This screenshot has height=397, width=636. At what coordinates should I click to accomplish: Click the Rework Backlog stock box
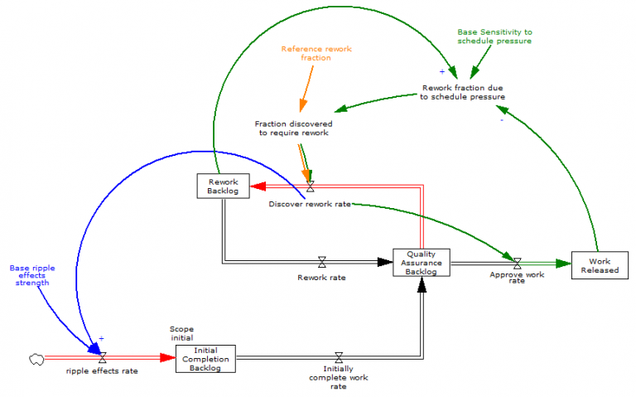(223, 186)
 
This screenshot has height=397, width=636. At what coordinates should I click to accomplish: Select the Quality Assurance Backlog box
(422, 263)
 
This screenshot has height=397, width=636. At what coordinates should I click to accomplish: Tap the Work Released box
(600, 264)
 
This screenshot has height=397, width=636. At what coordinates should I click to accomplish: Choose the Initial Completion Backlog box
(205, 359)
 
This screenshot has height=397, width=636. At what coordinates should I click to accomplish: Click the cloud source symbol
(36, 358)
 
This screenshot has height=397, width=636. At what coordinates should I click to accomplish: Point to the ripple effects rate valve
(102, 358)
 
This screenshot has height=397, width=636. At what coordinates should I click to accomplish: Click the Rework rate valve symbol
(322, 263)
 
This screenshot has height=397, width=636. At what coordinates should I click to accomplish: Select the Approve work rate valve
(517, 263)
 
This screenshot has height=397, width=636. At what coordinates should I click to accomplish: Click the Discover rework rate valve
(310, 186)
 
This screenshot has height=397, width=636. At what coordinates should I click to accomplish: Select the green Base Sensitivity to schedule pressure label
(494, 36)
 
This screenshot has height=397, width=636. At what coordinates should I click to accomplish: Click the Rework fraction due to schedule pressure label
(463, 92)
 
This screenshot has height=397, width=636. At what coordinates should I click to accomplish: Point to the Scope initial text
(181, 333)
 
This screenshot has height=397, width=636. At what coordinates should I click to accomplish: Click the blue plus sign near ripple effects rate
(101, 338)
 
